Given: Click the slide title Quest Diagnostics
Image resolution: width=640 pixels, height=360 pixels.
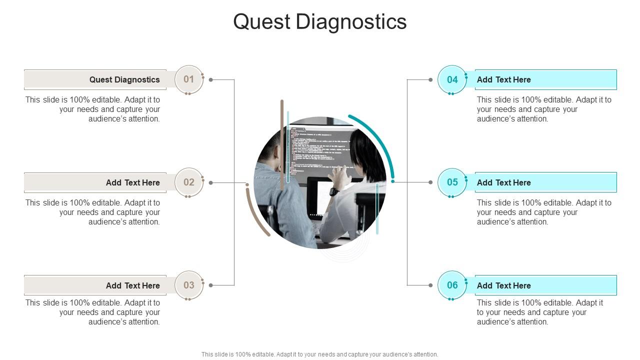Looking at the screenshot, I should click(x=320, y=22).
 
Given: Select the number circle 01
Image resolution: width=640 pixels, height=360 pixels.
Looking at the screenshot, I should click(x=189, y=79).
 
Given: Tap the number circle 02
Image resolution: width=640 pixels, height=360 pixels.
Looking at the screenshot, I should click(x=189, y=182).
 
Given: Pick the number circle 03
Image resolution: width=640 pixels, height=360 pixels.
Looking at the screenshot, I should click(x=189, y=285).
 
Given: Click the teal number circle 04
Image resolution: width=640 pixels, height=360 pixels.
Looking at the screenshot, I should click(x=452, y=79).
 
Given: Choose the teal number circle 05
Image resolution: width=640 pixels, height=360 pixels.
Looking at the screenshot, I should click(x=452, y=182).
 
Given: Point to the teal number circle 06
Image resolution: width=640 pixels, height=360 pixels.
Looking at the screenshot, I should click(x=452, y=285).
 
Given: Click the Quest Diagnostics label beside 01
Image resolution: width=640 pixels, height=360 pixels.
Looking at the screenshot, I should click(x=124, y=79).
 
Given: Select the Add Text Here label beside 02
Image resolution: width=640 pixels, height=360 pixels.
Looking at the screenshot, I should click(x=132, y=182).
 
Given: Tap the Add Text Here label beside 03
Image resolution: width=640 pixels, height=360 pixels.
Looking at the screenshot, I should click(x=132, y=285).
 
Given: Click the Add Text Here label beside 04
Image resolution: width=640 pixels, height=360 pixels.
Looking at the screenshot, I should click(x=504, y=79).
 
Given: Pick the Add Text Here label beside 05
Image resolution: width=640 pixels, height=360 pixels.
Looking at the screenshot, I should click(x=504, y=182).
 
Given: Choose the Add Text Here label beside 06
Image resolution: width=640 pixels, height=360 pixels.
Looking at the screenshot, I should click(x=504, y=285).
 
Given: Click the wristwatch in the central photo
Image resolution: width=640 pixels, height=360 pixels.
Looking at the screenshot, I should click(x=334, y=191).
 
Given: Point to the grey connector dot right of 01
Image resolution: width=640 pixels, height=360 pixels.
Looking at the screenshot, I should click(x=211, y=79).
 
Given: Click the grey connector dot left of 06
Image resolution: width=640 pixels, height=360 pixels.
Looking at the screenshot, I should click(x=430, y=285).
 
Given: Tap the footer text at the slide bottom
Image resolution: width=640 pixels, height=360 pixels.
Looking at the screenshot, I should click(x=320, y=354).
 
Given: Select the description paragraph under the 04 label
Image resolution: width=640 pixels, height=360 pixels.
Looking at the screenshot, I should click(x=544, y=109).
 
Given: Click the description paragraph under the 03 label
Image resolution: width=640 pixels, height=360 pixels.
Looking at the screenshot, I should click(x=93, y=312).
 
